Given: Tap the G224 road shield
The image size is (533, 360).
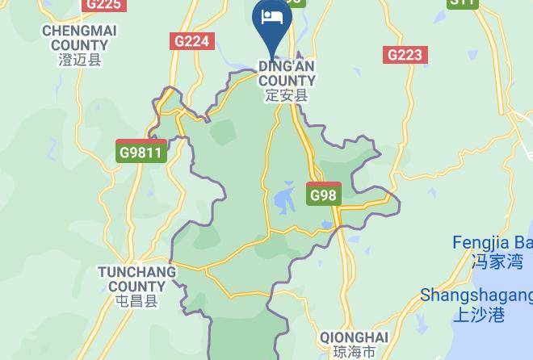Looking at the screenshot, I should [192, 41].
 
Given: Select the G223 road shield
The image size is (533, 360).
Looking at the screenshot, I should [405, 55].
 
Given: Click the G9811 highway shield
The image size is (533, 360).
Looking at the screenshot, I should [141, 151].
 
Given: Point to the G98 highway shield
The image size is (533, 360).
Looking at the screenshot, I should [324, 194].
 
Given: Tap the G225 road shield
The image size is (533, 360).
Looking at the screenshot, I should [104, 4].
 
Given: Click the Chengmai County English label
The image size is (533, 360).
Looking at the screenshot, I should [79, 37].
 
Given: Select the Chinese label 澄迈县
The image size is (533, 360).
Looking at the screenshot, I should [79, 60].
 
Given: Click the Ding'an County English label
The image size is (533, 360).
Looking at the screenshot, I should [287, 73].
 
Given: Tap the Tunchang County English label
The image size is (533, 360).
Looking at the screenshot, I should [136, 279].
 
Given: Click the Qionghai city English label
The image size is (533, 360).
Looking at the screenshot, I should [354, 337].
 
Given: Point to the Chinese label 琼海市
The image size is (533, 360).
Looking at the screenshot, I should [354, 353].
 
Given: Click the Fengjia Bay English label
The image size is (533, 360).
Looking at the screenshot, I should [493, 243].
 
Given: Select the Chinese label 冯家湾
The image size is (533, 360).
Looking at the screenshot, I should [497, 262].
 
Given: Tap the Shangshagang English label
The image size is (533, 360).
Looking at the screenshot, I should [476, 295].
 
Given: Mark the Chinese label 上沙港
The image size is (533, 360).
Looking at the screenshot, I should [477, 314].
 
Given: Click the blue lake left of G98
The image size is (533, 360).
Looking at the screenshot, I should [284, 196].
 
